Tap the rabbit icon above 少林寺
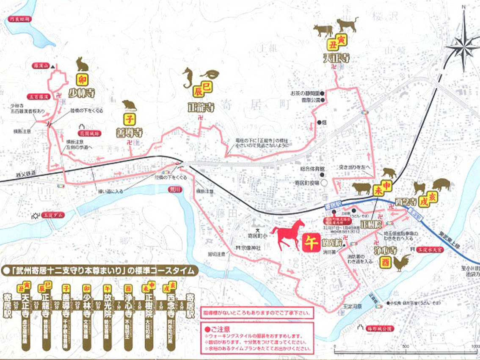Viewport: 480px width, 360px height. click(82, 64)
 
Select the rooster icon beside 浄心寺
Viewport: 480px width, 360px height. click(402, 263)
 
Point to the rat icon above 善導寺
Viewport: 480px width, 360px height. click(129, 105)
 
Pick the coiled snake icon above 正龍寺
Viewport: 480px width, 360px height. click(212, 74)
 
